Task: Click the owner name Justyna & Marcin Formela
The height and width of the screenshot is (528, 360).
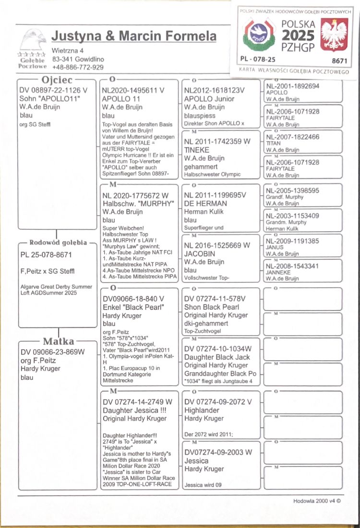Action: (134, 36)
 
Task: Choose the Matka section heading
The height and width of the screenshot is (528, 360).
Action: (59, 341)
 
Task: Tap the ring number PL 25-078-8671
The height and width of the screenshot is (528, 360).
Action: (46, 255)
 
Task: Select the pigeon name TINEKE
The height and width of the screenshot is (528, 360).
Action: (196, 150)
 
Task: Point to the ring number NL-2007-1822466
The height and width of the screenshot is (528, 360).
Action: (292, 137)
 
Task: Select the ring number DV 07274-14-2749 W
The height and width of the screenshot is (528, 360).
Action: (137, 401)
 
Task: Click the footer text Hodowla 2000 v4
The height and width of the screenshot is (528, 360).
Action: (317, 501)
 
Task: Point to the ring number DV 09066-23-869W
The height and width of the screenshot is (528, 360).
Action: (52, 352)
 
